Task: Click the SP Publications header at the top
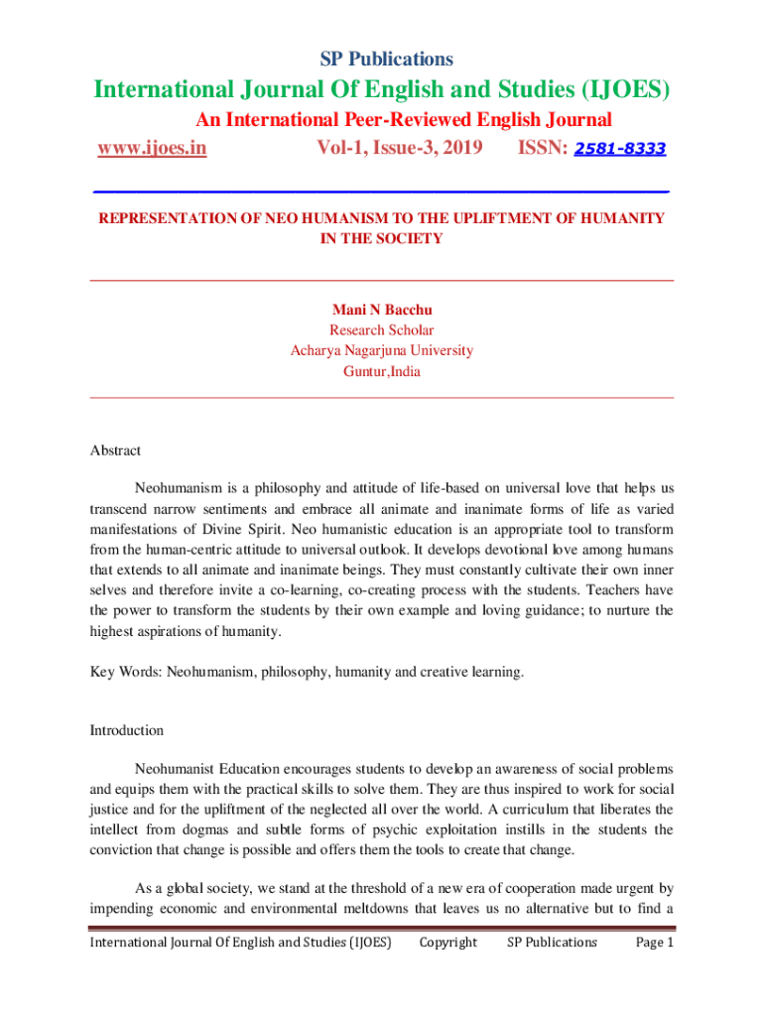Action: pyautogui.click(x=382, y=59)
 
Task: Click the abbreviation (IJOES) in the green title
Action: pyautogui.click(x=617, y=91)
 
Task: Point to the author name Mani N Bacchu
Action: pyautogui.click(x=382, y=310)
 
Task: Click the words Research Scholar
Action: pyautogui.click(x=382, y=330)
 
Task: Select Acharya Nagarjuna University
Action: pyautogui.click(x=382, y=350)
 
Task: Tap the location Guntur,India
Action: pyautogui.click(x=382, y=372)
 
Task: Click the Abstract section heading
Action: pyautogui.click(x=115, y=450)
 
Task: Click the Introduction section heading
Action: pyautogui.click(x=126, y=730)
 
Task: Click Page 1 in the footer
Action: pyautogui.click(x=654, y=943)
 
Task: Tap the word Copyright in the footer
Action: pyautogui.click(x=447, y=943)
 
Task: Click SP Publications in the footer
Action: pyautogui.click(x=552, y=943)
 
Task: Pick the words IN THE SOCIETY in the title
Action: pyautogui.click(x=382, y=239)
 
